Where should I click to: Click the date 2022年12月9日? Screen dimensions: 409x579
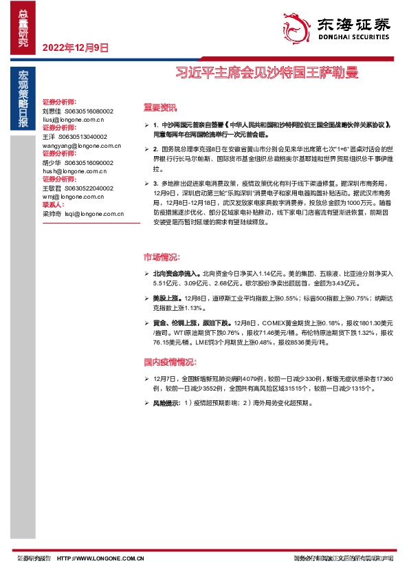click(x=76, y=48)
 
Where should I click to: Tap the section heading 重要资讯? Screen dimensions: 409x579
click(x=159, y=108)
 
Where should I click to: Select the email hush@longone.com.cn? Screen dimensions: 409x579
click(x=71, y=171)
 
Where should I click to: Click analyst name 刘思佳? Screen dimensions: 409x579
click(x=52, y=110)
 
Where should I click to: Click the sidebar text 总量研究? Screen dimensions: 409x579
click(x=23, y=28)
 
